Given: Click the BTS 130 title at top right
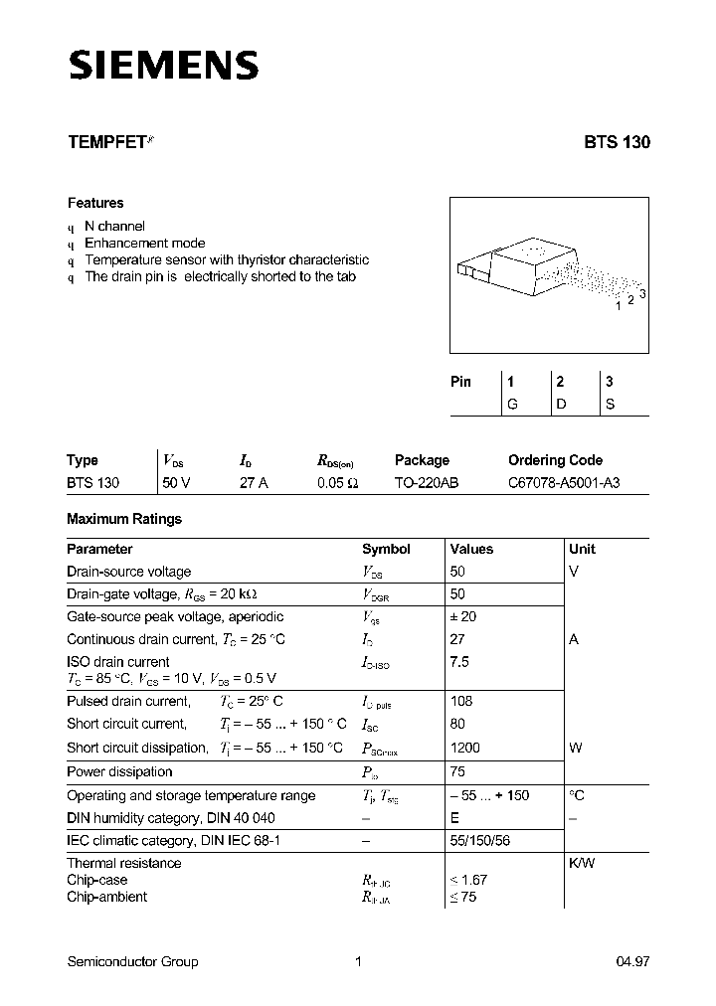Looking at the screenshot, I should coord(617,142).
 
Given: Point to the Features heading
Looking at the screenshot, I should coord(95,203).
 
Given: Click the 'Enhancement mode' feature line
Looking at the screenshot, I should coord(145,243).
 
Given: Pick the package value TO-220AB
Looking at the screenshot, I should coord(427,483).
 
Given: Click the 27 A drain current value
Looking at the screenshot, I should coord(254,483).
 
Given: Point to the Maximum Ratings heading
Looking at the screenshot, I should coord(124,519).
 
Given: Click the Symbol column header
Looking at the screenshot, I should coord(386,549).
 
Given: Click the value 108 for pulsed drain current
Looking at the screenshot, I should coord(461,701).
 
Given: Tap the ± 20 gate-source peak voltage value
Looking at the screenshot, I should coord(463,616).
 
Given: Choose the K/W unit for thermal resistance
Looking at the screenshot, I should coord(582,863).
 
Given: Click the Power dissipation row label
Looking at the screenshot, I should coord(119,771).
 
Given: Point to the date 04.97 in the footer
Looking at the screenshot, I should coord(632,961).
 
